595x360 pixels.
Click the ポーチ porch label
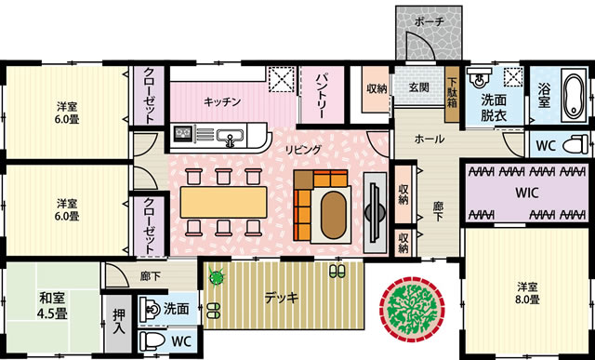[429, 22]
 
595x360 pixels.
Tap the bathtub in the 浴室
[575, 95]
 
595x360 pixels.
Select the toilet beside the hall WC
[575, 145]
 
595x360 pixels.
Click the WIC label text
[527, 193]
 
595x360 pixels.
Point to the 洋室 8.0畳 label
[527, 293]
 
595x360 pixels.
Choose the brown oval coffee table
[334, 215]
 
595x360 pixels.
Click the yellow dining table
[223, 202]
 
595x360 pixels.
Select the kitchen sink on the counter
[231, 137]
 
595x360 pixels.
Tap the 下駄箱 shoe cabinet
[453, 95]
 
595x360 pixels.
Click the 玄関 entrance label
[419, 87]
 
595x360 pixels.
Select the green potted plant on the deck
[217, 277]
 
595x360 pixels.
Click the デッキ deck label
[282, 298]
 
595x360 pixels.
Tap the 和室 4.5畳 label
[53, 306]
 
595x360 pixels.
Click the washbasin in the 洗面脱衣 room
[479, 78]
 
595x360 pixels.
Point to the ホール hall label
[429, 140]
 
